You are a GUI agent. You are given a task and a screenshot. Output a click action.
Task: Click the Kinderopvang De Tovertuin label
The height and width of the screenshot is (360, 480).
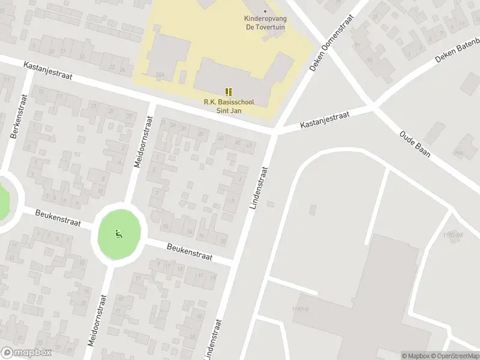[265, 22]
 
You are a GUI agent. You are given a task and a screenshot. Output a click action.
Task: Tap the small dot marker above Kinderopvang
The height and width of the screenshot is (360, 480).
[265, 10]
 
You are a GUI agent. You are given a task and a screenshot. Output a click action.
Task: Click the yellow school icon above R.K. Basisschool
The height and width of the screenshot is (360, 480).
[229, 91]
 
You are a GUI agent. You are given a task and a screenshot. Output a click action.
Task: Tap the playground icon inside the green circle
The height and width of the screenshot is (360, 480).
[119, 235]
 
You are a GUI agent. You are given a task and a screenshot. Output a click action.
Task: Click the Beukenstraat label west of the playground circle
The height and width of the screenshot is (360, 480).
[58, 218]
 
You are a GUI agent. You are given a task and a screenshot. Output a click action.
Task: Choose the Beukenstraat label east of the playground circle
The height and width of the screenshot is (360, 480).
[190, 251]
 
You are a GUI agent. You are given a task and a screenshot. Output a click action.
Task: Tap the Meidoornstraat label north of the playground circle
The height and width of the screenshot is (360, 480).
[145, 142]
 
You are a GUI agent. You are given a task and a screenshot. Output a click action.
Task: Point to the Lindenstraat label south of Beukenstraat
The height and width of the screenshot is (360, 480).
[214, 340]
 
